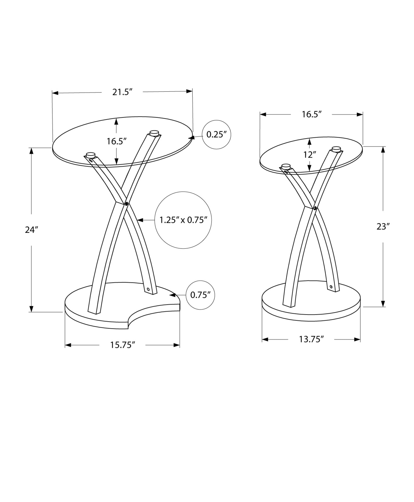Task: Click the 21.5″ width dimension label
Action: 122,92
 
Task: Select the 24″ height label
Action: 31,230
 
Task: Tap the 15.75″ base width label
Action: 123,345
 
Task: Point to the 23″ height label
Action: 383,227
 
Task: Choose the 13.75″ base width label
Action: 311,339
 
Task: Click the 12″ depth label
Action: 309,155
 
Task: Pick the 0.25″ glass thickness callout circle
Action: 216,135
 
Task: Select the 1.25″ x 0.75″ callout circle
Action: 183,220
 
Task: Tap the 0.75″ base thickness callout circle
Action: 200,295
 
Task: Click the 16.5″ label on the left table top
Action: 116,141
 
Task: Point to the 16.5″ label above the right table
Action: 312,114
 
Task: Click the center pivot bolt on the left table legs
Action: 126,204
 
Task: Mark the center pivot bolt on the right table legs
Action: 315,208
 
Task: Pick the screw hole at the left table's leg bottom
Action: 148,289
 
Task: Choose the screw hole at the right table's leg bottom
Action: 331,287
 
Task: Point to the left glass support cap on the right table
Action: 286,166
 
